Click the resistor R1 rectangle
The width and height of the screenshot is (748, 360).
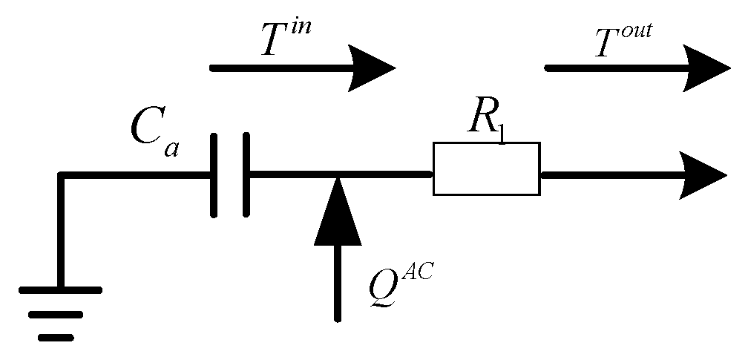pos(486,169)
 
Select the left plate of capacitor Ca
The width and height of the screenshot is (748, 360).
pos(214,175)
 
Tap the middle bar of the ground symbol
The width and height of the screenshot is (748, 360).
pos(57,315)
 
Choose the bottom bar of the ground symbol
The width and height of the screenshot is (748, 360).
pos(56,338)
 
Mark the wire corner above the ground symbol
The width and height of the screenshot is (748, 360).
pos(62,176)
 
